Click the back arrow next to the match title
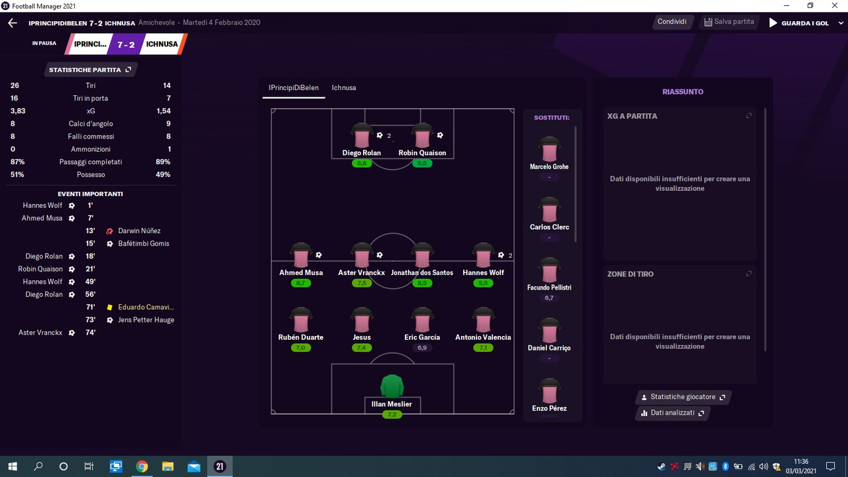pyautogui.click(x=13, y=23)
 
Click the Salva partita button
pyautogui.click(x=729, y=22)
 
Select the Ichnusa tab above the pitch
pyautogui.click(x=344, y=87)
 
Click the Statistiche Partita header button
pyautogui.click(x=90, y=70)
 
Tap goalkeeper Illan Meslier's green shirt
pyautogui.click(x=392, y=386)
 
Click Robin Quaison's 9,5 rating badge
pyautogui.click(x=422, y=163)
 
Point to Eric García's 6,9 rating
pyautogui.click(x=422, y=348)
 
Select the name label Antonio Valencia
pyautogui.click(x=483, y=337)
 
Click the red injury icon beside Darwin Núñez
pyautogui.click(x=109, y=231)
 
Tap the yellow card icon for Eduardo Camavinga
pyautogui.click(x=109, y=307)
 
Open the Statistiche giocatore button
pyautogui.click(x=683, y=397)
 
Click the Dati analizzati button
pyautogui.click(x=672, y=413)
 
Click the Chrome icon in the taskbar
pyautogui.click(x=142, y=466)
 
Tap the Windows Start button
pyautogui.click(x=13, y=466)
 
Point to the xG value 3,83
pyautogui.click(x=18, y=111)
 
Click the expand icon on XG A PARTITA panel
pyautogui.click(x=749, y=115)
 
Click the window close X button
pyautogui.click(x=835, y=6)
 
